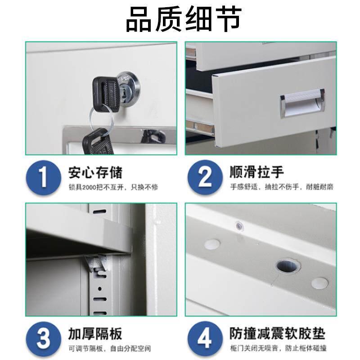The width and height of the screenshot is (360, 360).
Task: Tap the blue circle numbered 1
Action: (43, 177)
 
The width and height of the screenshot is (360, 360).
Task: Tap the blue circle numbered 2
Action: (205, 177)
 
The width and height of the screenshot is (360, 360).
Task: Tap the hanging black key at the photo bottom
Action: (96, 142)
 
